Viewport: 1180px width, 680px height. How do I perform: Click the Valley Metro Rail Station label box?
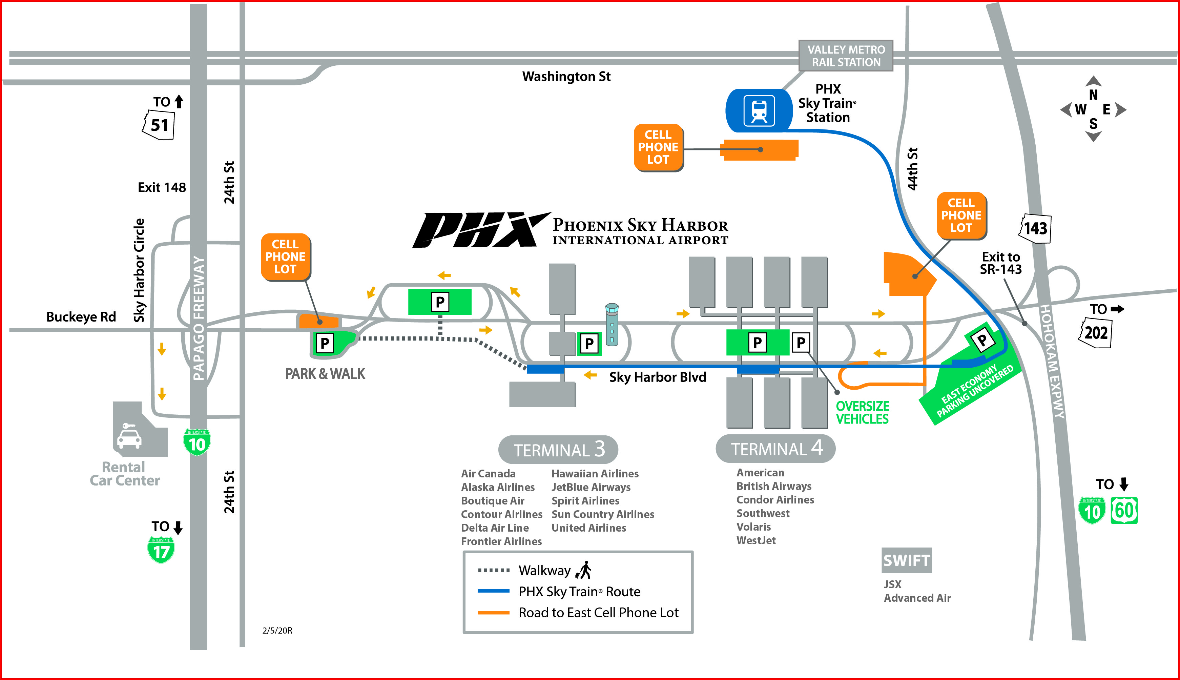846,56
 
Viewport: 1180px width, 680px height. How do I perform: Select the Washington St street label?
566,77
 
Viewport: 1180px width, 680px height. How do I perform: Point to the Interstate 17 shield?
161,550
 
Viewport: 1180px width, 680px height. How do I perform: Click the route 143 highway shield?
1035,228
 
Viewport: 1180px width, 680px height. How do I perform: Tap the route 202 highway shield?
1096,333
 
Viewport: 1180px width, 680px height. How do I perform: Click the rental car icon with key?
128,435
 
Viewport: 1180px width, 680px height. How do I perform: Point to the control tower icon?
612,324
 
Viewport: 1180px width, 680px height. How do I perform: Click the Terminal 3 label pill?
558,449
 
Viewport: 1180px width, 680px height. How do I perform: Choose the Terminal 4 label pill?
775,448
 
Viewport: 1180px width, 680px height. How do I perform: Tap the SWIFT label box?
906,560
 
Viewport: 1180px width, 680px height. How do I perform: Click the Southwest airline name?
763,513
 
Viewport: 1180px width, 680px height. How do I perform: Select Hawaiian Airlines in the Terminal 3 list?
595,474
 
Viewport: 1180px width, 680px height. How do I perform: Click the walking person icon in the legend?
584,570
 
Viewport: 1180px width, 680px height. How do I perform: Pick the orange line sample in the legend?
493,612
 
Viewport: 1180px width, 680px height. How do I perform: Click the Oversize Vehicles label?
862,412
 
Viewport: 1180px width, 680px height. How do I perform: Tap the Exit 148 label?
162,188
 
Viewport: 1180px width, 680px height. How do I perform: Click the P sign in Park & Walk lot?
325,343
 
